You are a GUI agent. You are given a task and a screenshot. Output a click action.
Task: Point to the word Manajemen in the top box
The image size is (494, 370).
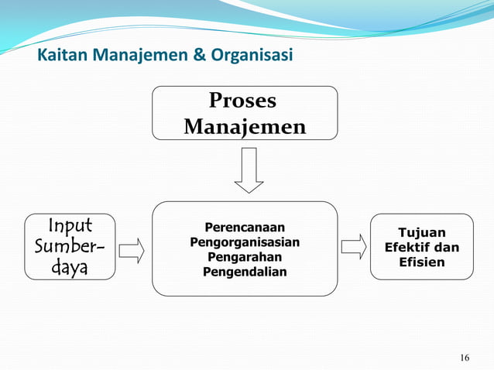click(244, 125)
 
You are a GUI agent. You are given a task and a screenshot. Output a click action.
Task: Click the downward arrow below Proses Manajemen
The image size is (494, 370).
click(249, 171)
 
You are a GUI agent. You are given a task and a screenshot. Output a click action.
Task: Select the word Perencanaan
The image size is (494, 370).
click(245, 228)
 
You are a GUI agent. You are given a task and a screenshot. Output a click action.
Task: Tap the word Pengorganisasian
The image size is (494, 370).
click(245, 242)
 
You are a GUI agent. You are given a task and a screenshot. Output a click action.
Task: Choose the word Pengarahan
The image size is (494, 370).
click(245, 257)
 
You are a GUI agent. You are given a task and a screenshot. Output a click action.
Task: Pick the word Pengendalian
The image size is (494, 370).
click(245, 272)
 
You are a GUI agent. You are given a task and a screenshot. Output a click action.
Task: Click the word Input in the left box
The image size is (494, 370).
click(70, 226)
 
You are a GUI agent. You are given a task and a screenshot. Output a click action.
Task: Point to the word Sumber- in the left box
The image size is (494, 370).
click(70, 247)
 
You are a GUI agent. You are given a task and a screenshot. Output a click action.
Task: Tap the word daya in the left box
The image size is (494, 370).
click(70, 269)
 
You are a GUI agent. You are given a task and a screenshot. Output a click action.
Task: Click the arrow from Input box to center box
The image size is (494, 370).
click(132, 250)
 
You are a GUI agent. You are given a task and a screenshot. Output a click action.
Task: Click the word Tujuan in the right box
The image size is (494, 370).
click(422, 232)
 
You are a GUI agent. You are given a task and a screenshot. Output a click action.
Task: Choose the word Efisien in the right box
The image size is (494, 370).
click(422, 262)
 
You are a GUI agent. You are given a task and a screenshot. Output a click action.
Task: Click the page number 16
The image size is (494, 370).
click(464, 357)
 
